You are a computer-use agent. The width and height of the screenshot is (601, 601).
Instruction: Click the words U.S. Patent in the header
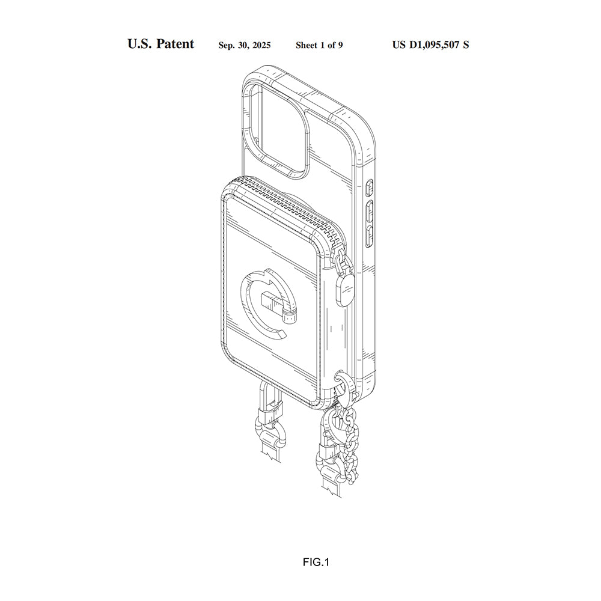tap(160, 44)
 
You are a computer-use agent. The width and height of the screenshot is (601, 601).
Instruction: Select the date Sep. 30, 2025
tap(244, 45)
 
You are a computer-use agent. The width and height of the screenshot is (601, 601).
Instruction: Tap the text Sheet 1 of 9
tap(319, 45)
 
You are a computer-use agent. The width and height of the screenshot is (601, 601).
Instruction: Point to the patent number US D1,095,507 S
tap(430, 44)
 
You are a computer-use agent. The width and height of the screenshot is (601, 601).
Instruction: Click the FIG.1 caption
tap(316, 563)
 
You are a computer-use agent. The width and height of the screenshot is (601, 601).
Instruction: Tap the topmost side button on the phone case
tap(369, 188)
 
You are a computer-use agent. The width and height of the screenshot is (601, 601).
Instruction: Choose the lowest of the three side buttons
tap(371, 236)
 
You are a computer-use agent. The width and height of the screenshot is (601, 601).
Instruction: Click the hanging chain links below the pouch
tap(349, 445)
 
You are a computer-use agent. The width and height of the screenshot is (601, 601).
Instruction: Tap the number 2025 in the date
tap(260, 45)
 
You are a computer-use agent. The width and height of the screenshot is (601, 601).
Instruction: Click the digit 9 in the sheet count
tap(340, 45)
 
